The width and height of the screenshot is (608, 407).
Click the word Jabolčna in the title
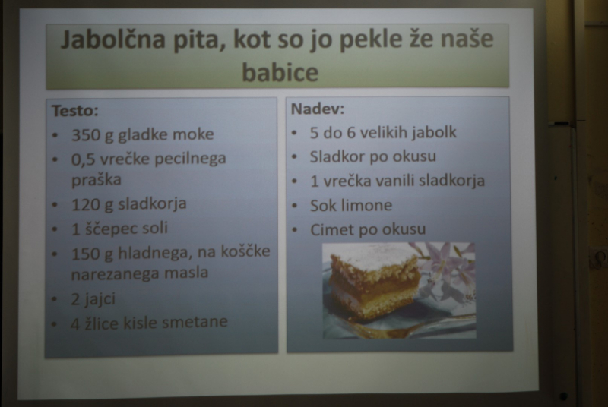pyautogui.click(x=112, y=39)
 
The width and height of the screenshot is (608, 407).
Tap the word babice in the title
pyautogui.click(x=280, y=72)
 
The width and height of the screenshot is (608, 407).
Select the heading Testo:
pyautogui.click(x=75, y=111)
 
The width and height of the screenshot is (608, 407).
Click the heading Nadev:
pyautogui.click(x=318, y=109)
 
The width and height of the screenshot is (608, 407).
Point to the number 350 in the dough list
pyautogui.click(x=86, y=134)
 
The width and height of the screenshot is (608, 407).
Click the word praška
pyautogui.click(x=97, y=180)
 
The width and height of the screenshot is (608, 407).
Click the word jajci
pyautogui.click(x=99, y=299)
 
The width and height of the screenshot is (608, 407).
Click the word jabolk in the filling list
pyautogui.click(x=434, y=133)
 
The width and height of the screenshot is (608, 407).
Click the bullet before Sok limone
pyautogui.click(x=294, y=206)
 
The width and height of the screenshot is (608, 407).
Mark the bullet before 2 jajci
pyautogui.click(x=54, y=299)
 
